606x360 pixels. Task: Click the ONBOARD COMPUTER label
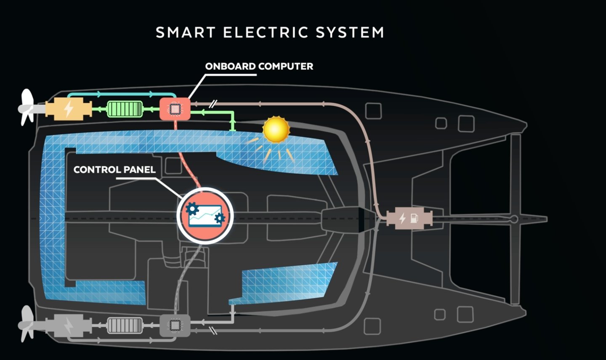tap(259, 66)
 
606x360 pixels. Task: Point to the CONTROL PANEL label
tap(114, 170)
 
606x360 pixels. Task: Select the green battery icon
tap(125, 109)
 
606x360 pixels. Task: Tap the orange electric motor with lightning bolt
tap(68, 109)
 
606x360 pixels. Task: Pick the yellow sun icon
tap(276, 130)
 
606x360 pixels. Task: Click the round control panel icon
tap(205, 216)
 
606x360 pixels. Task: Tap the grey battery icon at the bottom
tap(125, 325)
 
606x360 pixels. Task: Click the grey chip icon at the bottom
tap(175, 325)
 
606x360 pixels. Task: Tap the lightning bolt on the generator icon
tap(402, 219)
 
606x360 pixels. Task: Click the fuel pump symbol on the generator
tap(415, 219)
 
